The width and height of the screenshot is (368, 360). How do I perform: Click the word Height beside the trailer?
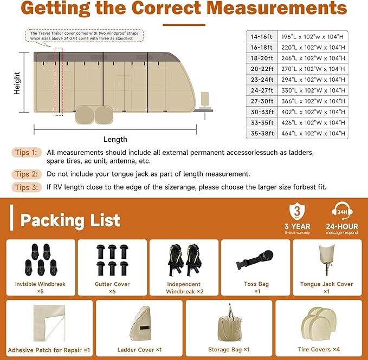(x=17, y=83)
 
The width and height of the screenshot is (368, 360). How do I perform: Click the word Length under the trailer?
(x=114, y=139)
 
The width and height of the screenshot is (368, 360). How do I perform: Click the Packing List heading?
(x=70, y=220)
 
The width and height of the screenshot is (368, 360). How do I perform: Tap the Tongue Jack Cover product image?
(x=326, y=260)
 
